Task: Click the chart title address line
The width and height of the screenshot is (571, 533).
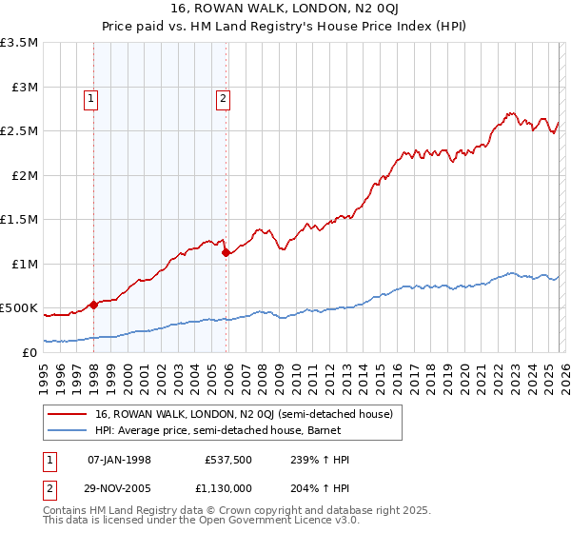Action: point(285,9)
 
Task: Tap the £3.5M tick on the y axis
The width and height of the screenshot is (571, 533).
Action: point(20,43)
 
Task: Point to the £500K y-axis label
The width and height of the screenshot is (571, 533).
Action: point(19,308)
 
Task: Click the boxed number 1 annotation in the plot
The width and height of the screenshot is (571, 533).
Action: point(90,96)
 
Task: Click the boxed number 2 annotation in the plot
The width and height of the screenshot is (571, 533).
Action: point(223,96)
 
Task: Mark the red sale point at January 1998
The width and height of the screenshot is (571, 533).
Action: point(94,305)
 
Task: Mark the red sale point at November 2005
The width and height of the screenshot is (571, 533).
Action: point(226,252)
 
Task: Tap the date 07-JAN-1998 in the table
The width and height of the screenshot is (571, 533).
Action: point(119,460)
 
